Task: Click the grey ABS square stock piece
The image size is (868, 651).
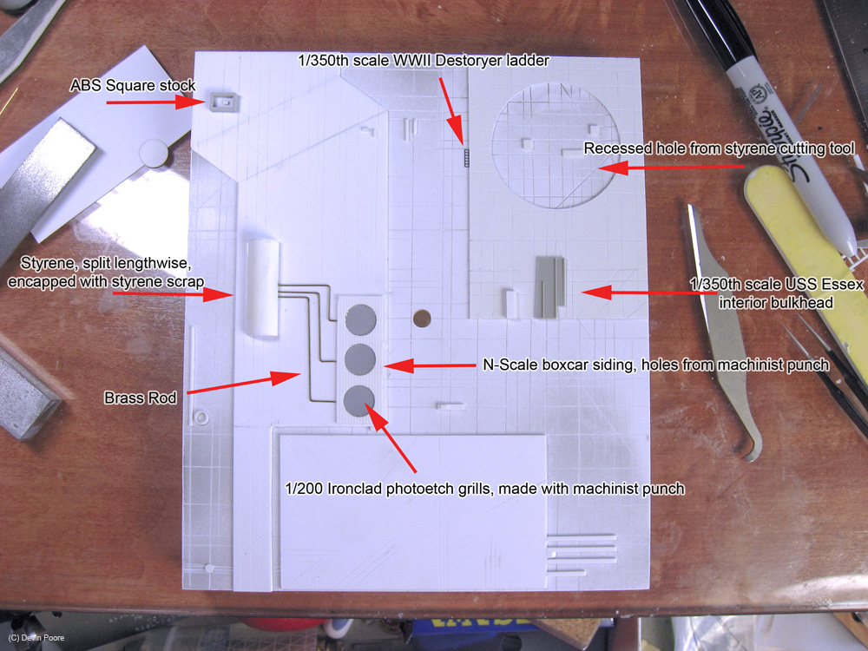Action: pyautogui.click(x=224, y=102)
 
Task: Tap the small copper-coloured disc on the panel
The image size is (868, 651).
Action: pyautogui.click(x=422, y=319)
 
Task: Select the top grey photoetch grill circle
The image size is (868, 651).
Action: pyautogui.click(x=361, y=319)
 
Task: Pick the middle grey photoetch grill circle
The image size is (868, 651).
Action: pyautogui.click(x=360, y=359)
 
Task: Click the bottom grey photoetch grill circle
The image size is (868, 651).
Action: pyautogui.click(x=358, y=401)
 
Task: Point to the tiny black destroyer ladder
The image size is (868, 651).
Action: pyautogui.click(x=467, y=158)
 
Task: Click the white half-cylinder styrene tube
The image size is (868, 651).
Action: pyautogui.click(x=262, y=287)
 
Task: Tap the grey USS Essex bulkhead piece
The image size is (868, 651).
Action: pyautogui.click(x=550, y=286)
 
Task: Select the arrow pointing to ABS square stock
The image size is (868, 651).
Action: pyautogui.click(x=156, y=102)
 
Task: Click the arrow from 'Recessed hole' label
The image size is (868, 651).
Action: pyautogui.click(x=671, y=168)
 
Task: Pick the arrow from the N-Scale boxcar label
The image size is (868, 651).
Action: pyautogui.click(x=430, y=365)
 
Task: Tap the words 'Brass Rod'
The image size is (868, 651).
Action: pyautogui.click(x=141, y=398)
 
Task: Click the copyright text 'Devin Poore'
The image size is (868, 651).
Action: pyautogui.click(x=43, y=638)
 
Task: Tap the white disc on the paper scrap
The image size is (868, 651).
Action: pyautogui.click(x=154, y=154)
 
